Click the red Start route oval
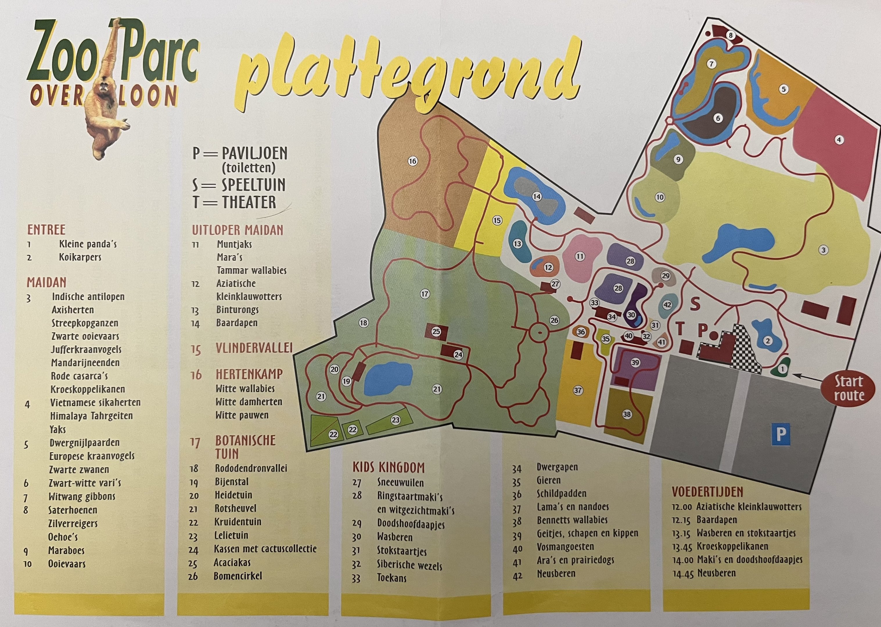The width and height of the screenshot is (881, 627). (x=848, y=388)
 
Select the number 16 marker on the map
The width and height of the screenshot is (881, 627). (x=413, y=161)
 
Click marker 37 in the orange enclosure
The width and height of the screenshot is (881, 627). (x=578, y=390)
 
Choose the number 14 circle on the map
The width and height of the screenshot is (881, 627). (x=537, y=197)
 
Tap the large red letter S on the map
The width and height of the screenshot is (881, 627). (x=695, y=304)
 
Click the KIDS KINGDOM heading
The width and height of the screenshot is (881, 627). (x=388, y=468)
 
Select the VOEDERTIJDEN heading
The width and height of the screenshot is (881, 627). (x=707, y=491)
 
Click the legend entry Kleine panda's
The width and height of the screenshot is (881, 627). (x=88, y=244)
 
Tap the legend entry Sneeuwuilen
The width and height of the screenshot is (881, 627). (x=400, y=483)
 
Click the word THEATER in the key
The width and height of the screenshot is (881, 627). (x=249, y=202)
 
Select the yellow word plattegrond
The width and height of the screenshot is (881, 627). (x=409, y=71)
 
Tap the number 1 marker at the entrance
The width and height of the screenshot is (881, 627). (x=782, y=369)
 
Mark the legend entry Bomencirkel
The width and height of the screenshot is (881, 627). (x=238, y=576)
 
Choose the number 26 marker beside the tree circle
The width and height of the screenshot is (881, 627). (x=554, y=320)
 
